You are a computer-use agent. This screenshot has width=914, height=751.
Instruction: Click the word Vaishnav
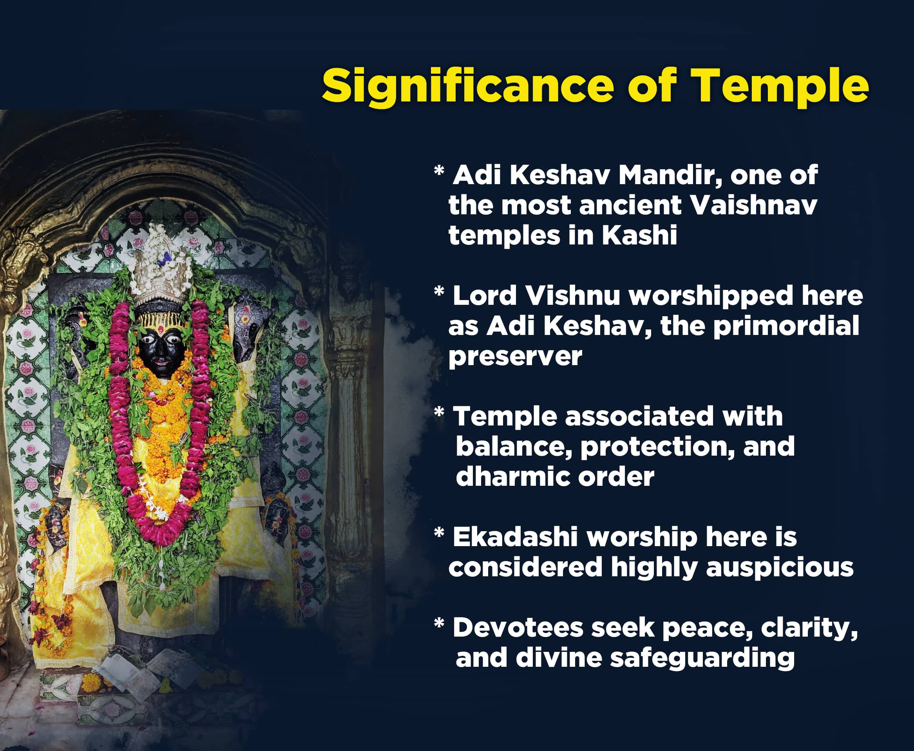(755, 206)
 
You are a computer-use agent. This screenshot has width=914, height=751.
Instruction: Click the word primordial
(786, 327)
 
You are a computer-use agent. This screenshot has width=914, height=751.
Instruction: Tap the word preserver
(515, 358)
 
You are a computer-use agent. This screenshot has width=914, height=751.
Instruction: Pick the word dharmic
(512, 477)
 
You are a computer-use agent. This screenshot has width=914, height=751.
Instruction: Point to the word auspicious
(780, 568)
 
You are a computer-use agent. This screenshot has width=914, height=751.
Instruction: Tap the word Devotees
(518, 628)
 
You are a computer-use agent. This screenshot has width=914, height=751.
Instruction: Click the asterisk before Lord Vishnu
(439, 291)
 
